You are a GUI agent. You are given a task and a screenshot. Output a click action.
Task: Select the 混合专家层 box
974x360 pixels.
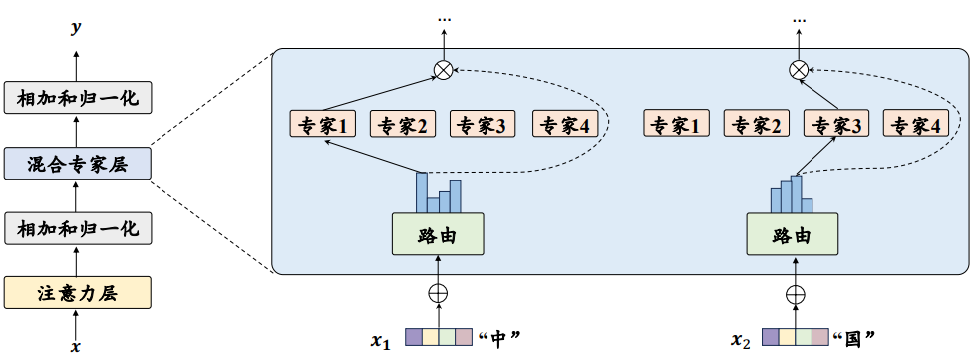tap(77, 163)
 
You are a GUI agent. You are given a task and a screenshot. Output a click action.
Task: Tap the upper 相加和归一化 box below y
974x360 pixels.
tap(77, 98)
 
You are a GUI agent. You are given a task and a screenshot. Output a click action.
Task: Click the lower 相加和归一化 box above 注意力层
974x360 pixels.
tap(77, 228)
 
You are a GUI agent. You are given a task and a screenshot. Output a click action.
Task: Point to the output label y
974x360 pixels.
tap(76, 29)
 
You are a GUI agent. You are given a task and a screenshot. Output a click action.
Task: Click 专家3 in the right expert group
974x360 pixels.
tap(835, 125)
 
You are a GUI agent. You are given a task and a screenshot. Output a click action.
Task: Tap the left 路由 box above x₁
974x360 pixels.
tap(439, 236)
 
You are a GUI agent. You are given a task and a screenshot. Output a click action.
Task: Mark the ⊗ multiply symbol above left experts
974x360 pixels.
tap(444, 69)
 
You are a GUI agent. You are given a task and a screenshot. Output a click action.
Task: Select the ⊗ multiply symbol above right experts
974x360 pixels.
tap(798, 69)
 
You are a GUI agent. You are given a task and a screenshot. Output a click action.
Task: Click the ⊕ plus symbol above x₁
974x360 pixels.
tap(439, 294)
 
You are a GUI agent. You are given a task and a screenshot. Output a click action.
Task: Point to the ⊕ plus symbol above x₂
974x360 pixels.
tap(795, 294)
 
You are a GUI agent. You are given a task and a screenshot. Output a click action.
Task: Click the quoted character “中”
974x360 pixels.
tap(501, 339)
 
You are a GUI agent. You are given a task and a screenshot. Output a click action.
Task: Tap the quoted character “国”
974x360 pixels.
tap(856, 339)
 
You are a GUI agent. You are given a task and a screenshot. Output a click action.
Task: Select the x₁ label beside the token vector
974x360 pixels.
tap(381, 340)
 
